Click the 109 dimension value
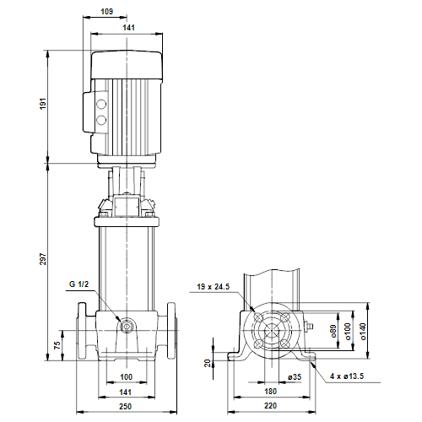tap(106, 11)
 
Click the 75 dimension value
tap(57, 345)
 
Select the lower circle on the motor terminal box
tap(102, 120)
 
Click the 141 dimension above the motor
tap(127, 27)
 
